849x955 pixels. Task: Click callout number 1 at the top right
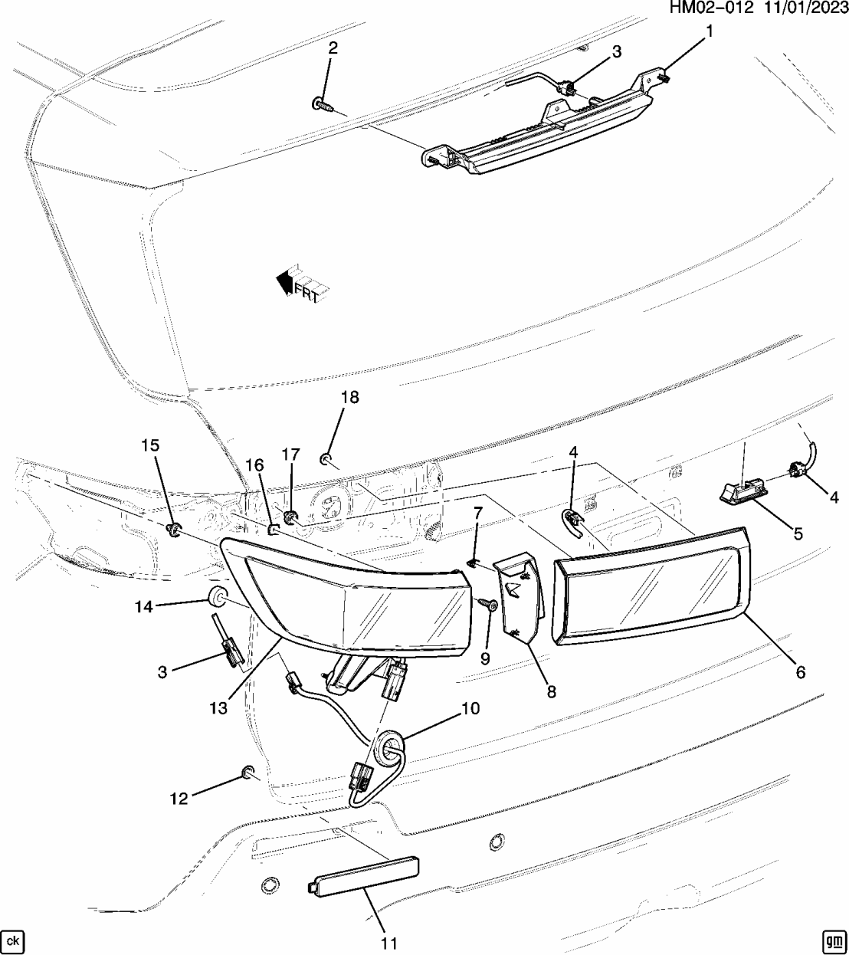(x=710, y=31)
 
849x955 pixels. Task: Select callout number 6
(x=801, y=671)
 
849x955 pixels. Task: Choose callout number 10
(x=470, y=708)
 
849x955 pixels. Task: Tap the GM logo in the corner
(x=832, y=940)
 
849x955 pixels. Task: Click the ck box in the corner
(x=12, y=940)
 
